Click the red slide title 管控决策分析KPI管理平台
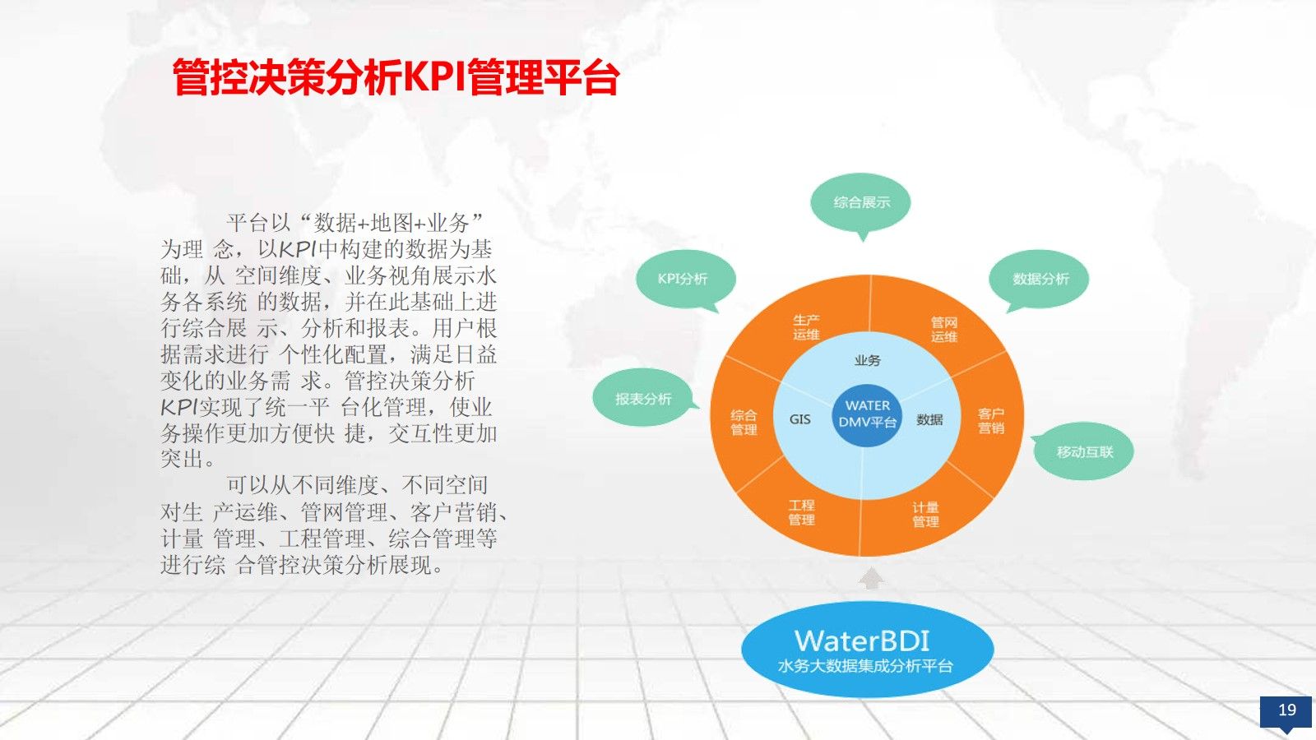[x=396, y=78]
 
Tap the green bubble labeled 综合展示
[x=861, y=202]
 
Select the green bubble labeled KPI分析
[x=683, y=279]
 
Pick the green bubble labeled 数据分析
[x=1040, y=279]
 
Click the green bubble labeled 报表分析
[x=643, y=399]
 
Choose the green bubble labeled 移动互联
[x=1084, y=451]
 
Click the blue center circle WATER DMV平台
[x=867, y=414]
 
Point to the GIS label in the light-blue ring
[x=799, y=419]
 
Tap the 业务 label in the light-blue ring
[x=867, y=360]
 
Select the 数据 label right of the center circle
[x=929, y=419]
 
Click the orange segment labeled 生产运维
[x=806, y=327]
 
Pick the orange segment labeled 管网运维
[x=943, y=330]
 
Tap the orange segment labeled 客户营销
[x=990, y=421]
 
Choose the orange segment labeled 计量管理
[x=925, y=515]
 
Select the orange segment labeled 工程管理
[x=801, y=512]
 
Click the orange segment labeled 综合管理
[x=744, y=422]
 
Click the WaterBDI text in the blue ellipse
[x=862, y=641]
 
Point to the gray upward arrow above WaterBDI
[x=871, y=580]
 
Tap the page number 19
[x=1286, y=710]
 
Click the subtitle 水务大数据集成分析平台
[x=865, y=666]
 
